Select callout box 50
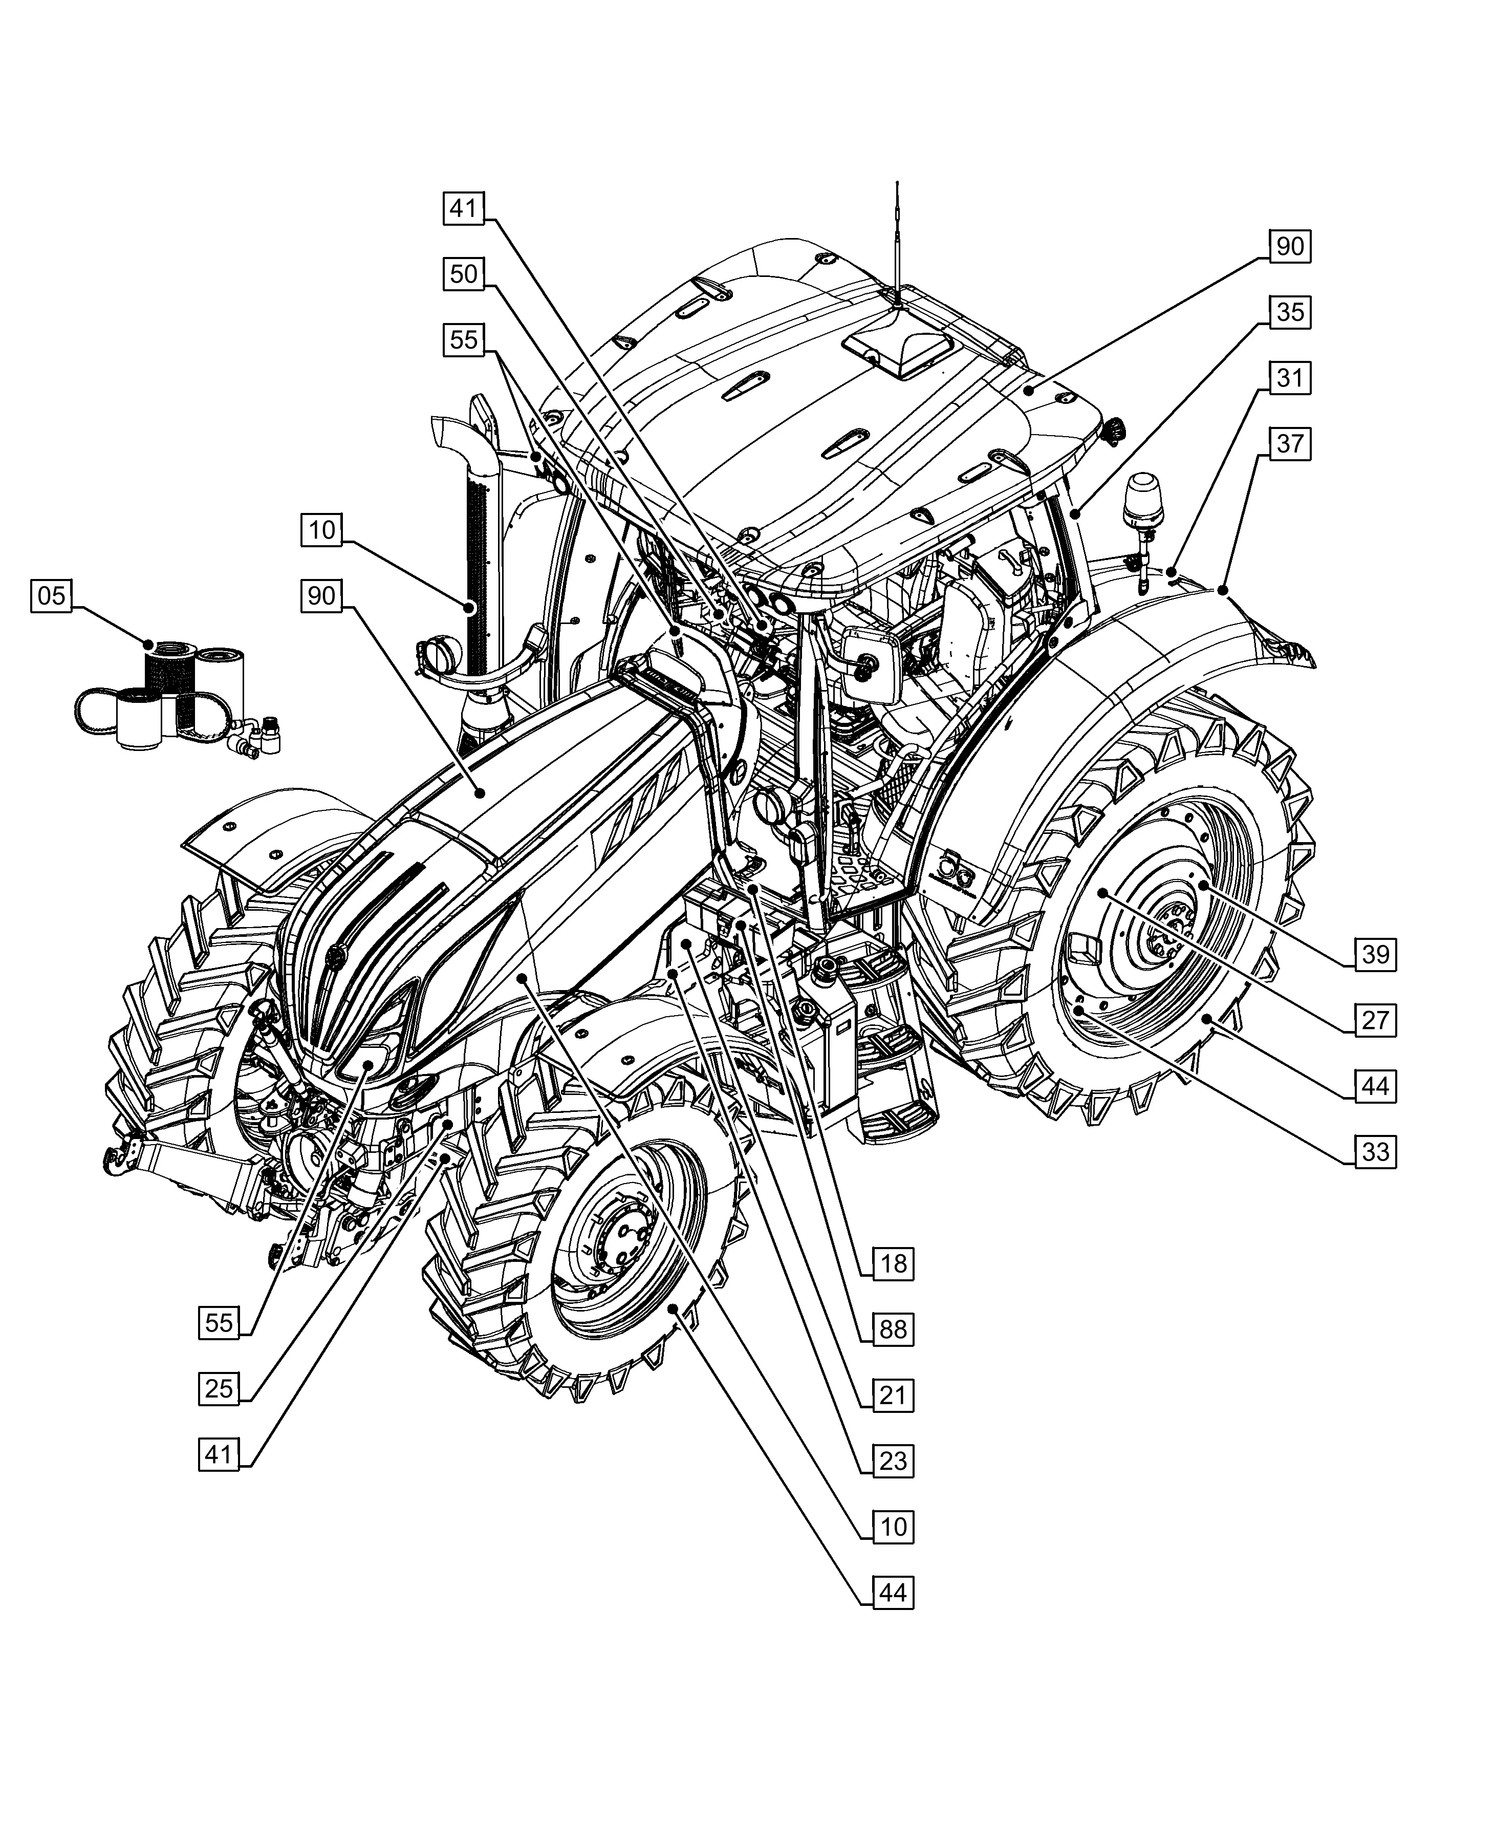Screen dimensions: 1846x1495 (x=463, y=274)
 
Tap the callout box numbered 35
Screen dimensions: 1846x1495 (x=1289, y=312)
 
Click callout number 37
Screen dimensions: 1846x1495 (x=1289, y=444)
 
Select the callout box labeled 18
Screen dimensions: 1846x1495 (x=893, y=1264)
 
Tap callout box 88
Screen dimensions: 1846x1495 (x=893, y=1329)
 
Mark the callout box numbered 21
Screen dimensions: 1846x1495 (x=893, y=1396)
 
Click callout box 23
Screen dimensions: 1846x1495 (x=893, y=1461)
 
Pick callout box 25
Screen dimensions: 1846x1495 (x=219, y=1388)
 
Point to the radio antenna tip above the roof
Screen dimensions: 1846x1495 (x=897, y=186)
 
